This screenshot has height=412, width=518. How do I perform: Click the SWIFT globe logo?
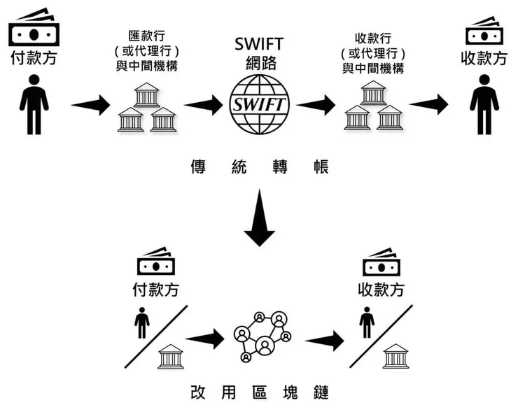point(258,106)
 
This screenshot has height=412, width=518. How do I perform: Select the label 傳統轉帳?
point(258,167)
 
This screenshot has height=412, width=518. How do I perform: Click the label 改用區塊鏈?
point(258,392)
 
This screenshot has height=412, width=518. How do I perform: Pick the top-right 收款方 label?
point(484,57)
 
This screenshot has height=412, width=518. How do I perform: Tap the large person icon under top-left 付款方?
point(34,104)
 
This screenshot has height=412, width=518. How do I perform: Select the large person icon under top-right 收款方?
point(484,104)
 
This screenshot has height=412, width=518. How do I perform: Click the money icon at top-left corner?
point(34,29)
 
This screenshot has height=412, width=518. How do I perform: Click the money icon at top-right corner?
point(484,29)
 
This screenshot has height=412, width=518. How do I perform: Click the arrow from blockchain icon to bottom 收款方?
point(324,341)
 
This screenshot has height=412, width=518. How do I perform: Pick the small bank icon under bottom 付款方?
point(171,356)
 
